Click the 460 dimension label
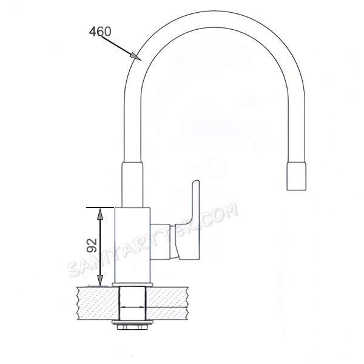tap(100, 32)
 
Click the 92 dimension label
tap(92, 245)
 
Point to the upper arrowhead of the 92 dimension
tap(100, 214)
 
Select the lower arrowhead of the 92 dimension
tap(100, 280)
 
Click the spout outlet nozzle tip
tap(296, 176)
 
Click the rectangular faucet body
tap(132, 245)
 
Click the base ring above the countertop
tap(132, 285)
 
